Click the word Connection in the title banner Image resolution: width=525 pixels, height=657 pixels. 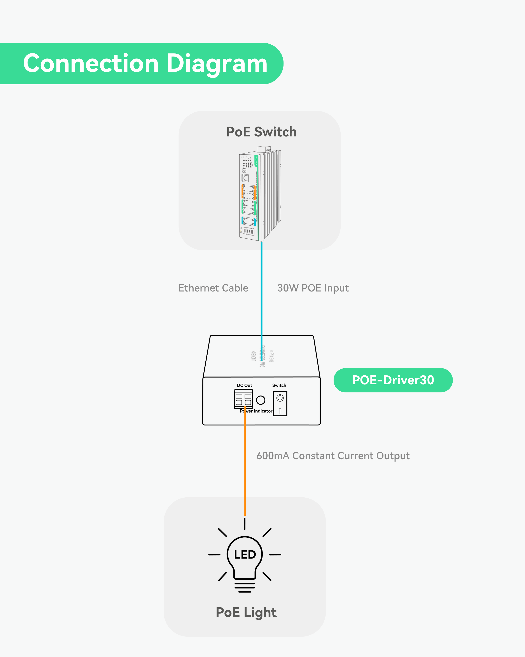point(91,63)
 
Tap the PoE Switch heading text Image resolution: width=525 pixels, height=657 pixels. point(261,132)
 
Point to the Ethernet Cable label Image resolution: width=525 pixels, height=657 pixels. point(213,288)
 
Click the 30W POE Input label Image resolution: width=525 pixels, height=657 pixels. point(313,288)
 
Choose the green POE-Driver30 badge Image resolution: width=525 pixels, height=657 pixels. point(393,380)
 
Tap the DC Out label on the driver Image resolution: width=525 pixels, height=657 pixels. point(244,385)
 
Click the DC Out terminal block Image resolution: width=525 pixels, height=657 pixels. point(243,399)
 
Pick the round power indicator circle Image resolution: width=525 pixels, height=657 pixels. point(261,400)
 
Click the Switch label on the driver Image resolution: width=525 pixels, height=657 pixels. point(279,385)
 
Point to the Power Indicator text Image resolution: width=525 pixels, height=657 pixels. point(256,411)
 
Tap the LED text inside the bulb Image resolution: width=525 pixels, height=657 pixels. point(245,555)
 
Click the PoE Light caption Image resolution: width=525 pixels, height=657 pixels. point(246,612)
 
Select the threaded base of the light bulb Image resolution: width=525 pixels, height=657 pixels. point(245,587)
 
